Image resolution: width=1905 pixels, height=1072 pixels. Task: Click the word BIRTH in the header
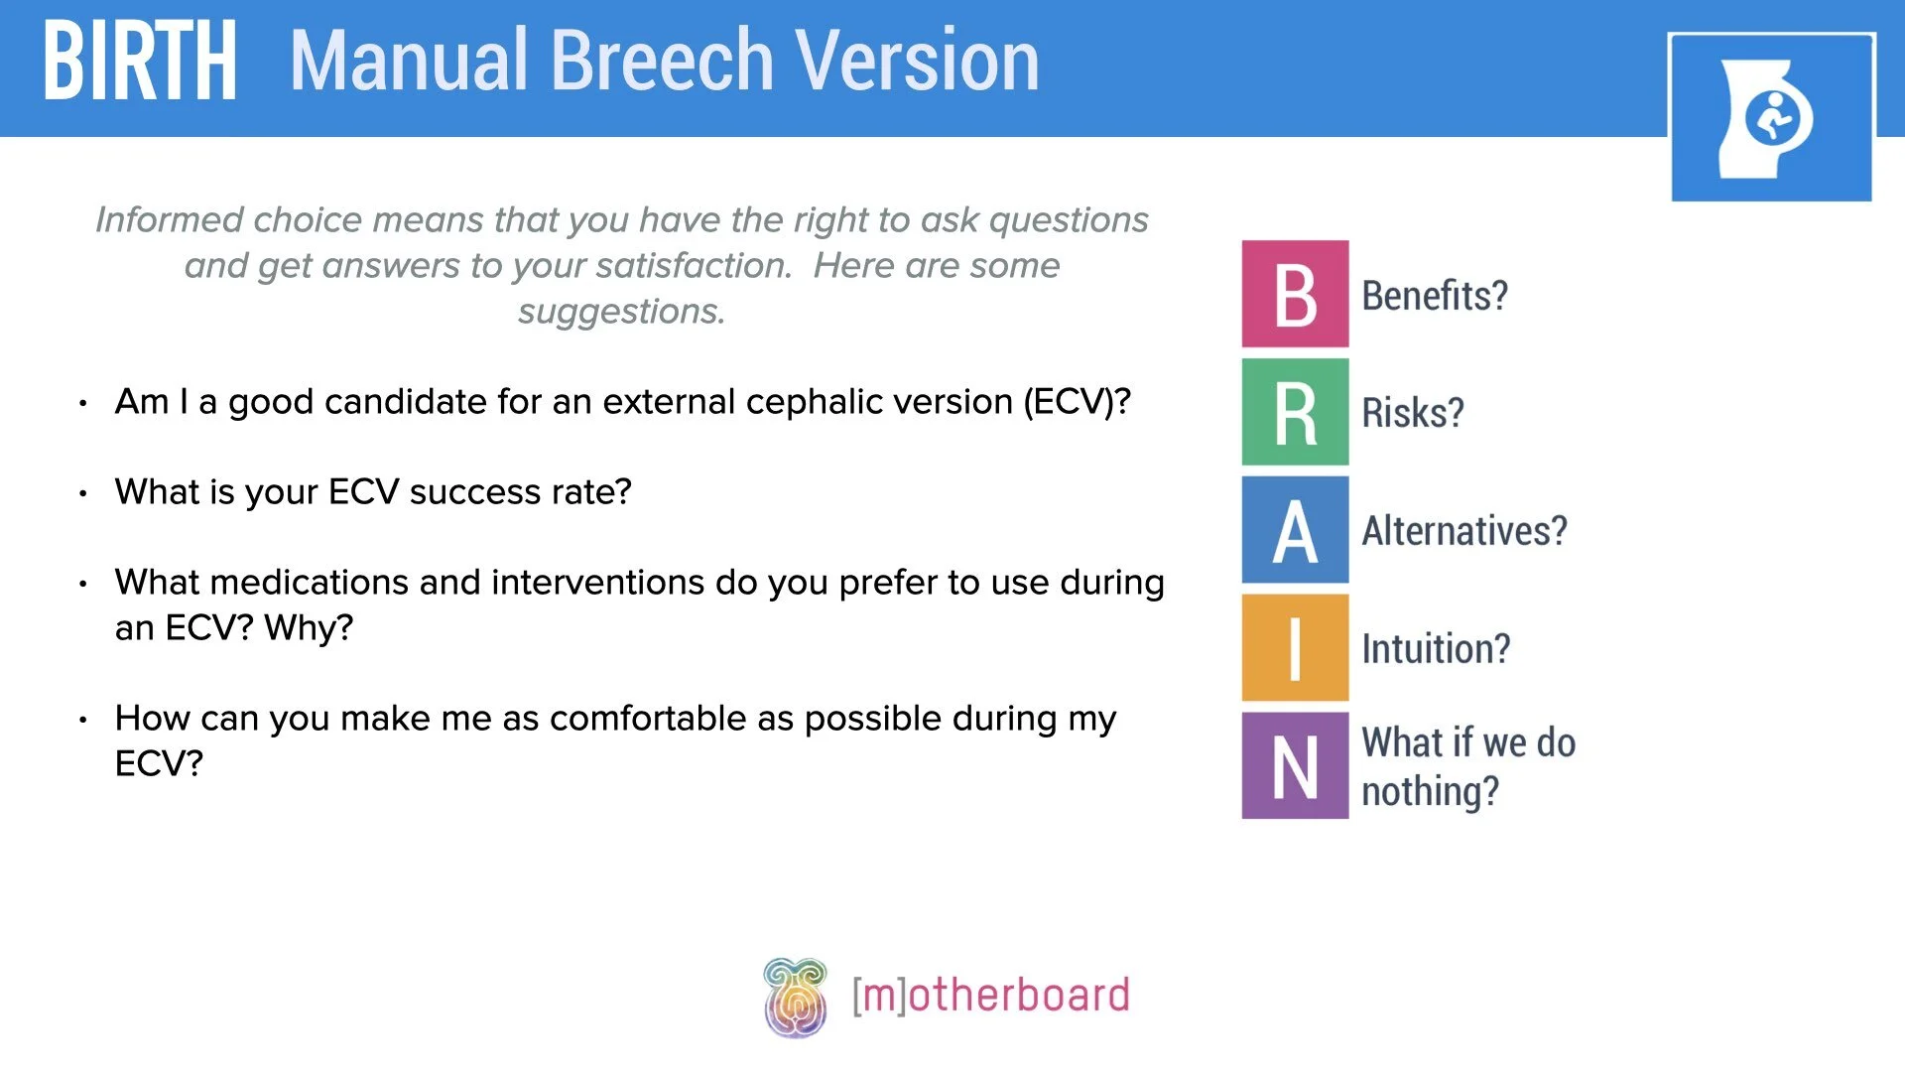tap(139, 62)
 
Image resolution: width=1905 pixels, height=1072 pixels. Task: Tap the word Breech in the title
tap(662, 62)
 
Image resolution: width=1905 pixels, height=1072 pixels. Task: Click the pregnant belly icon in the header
tap(1771, 118)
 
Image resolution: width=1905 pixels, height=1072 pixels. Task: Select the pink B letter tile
tap(1295, 294)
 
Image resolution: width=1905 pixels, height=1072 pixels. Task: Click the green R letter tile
tap(1295, 412)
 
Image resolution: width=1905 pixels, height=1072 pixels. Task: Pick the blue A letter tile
tap(1295, 530)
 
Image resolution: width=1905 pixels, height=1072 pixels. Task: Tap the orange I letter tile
tap(1295, 648)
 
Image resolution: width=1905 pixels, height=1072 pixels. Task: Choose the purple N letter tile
tap(1295, 765)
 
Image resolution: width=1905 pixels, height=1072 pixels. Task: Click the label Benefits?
tap(1434, 296)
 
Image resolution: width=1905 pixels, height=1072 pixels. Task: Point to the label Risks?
tap(1412, 413)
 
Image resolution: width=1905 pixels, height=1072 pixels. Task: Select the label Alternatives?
tap(1463, 531)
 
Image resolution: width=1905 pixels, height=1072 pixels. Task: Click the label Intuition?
tap(1435, 649)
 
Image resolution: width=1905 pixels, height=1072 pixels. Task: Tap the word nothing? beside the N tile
tap(1429, 792)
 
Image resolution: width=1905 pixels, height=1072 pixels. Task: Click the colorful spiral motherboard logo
tap(795, 997)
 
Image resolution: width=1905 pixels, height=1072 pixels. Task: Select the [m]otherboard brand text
tap(990, 996)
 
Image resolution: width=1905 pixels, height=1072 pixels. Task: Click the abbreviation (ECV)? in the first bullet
tap(1077, 402)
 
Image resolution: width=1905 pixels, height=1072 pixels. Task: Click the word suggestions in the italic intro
tap(621, 312)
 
